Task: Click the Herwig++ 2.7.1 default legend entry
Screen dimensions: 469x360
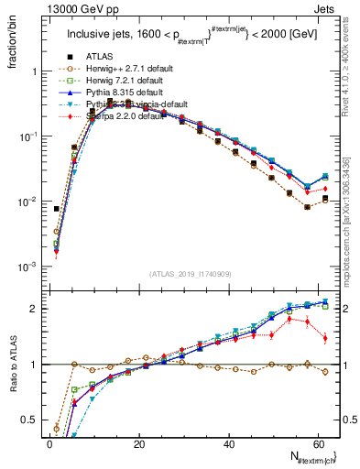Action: click(120, 67)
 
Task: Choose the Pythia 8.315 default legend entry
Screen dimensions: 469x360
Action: click(117, 93)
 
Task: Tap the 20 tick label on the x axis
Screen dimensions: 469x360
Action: click(138, 443)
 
